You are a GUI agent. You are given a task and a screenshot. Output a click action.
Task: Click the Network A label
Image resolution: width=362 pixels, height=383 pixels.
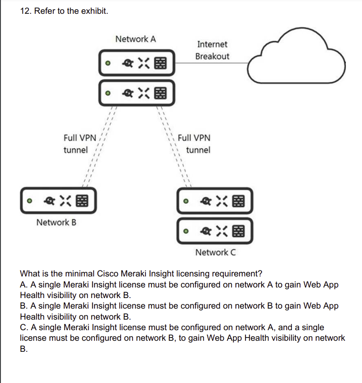point(135,39)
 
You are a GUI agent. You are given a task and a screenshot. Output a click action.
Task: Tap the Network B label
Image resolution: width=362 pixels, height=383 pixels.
point(56,223)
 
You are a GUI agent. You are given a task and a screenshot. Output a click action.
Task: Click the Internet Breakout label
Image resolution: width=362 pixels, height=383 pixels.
point(212,51)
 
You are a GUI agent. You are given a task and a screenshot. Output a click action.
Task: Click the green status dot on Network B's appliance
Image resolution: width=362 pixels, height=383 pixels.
point(29,201)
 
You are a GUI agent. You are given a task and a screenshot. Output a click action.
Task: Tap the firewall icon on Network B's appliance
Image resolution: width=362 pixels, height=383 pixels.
point(83,200)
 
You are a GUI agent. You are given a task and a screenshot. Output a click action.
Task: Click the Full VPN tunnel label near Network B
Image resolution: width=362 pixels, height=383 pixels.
point(79,143)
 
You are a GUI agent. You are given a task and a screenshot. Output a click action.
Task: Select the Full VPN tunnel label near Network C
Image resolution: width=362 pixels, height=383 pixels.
point(194,143)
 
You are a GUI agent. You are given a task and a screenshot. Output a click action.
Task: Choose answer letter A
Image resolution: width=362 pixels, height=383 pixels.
point(23,285)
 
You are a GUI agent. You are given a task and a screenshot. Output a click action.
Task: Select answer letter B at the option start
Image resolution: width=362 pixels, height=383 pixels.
point(23,306)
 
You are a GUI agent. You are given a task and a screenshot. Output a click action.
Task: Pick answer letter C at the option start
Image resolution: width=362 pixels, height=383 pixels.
point(23,327)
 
